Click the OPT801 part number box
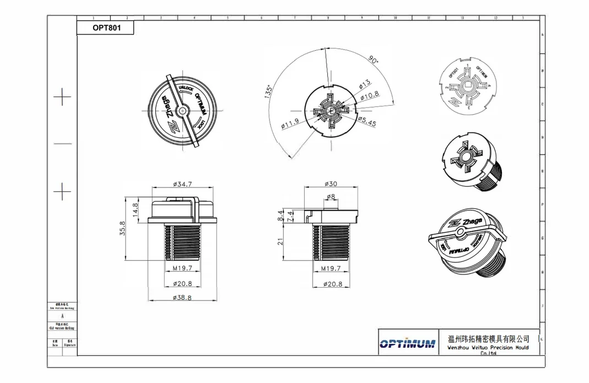(x=105, y=28)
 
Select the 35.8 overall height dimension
(x=123, y=229)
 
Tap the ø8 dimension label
(x=331, y=197)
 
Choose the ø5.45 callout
(x=367, y=122)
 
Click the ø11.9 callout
(x=290, y=123)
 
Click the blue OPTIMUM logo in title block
(x=407, y=344)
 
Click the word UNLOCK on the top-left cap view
(x=185, y=89)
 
